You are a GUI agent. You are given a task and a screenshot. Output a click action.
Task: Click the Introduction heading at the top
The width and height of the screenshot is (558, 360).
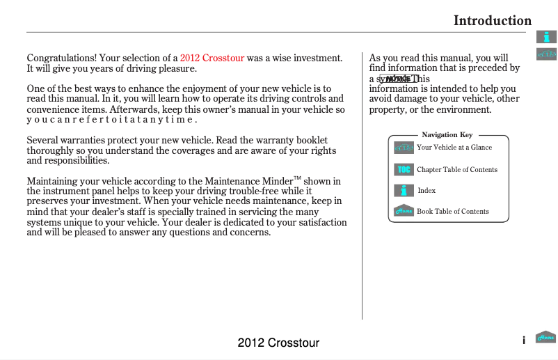coord(492,20)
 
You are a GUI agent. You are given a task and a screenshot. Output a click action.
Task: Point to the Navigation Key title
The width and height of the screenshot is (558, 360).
coord(447,134)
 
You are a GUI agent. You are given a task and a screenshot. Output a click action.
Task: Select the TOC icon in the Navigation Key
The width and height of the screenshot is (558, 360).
coord(404,169)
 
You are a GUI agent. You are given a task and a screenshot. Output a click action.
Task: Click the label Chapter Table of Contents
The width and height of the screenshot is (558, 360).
coord(457,169)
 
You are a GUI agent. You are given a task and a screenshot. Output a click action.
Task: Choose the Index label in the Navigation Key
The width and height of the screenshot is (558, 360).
coord(427,190)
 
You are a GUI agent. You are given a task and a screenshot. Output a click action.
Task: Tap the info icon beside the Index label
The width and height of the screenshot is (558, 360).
coord(404,190)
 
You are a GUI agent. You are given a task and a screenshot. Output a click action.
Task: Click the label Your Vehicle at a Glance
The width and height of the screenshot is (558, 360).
coord(454,148)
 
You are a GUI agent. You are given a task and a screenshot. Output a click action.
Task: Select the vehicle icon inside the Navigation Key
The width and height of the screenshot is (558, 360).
coord(404,148)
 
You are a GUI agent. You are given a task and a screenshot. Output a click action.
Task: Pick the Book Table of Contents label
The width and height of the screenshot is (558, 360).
coord(452,211)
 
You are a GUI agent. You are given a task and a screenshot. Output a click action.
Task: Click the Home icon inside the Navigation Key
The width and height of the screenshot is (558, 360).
coord(404,211)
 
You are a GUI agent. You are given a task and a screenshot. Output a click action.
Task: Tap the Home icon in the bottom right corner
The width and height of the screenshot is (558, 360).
coord(545,338)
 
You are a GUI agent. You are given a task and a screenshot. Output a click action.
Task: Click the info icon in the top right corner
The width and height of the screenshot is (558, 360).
coord(546,37)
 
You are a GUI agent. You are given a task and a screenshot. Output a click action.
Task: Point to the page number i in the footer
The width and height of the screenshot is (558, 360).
coord(523,341)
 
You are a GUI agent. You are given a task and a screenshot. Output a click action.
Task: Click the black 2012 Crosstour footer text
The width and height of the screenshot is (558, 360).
coord(278,343)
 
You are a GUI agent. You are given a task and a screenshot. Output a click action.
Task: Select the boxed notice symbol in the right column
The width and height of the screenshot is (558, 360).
coord(397,79)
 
